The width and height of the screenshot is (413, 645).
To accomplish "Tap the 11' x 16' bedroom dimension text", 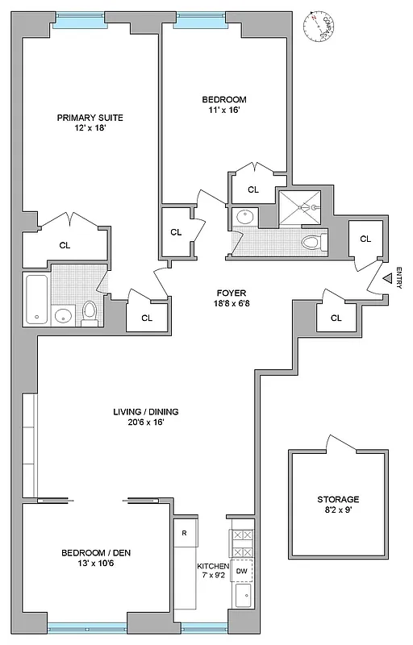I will coord(223,111).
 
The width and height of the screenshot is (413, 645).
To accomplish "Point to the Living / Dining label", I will coord(145,412).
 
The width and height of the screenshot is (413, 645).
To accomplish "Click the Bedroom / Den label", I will coord(96,552).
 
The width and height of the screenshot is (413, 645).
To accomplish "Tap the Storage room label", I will coord(338,499).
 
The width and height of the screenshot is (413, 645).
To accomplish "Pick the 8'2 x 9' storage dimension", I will coord(338,510).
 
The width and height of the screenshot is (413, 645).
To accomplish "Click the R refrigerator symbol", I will coord(185,533).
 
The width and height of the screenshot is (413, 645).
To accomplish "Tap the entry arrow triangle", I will coord(387,279).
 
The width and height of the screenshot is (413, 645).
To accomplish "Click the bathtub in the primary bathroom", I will coord(36,298).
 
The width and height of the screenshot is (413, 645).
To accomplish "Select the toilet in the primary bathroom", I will coord(90,310).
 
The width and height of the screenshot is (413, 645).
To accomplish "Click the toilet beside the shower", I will coord(311,242).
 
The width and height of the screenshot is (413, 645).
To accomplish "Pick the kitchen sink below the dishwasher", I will coord(242,597).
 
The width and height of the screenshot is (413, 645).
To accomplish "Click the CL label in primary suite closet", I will coord(65,245).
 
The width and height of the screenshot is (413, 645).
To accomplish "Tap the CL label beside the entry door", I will coord(365,239).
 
